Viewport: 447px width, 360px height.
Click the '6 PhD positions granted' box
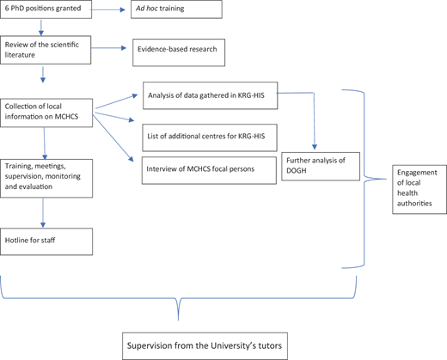(x=46, y=9)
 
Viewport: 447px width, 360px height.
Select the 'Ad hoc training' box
(x=176, y=9)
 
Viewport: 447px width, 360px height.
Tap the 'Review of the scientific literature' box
(x=46, y=50)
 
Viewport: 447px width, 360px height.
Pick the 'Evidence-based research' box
(x=179, y=52)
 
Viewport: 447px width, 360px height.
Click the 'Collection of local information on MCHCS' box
(x=46, y=113)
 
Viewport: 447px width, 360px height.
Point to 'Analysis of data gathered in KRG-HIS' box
(x=211, y=95)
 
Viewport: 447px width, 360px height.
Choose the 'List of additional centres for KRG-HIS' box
(x=210, y=137)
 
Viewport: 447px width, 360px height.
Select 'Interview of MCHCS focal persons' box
(x=209, y=170)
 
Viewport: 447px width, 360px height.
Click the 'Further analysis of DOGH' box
(x=321, y=167)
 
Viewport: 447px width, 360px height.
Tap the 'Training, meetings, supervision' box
(x=46, y=179)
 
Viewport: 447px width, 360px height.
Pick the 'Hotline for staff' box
(x=46, y=241)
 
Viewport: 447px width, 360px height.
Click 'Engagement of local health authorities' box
(x=419, y=189)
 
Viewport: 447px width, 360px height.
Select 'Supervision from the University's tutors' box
(x=205, y=346)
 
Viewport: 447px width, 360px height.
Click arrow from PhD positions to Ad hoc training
(x=108, y=9)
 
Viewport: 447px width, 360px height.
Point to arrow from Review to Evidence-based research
(x=108, y=48)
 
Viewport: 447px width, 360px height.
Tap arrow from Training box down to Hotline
(x=43, y=213)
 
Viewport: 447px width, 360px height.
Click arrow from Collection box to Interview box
(x=113, y=138)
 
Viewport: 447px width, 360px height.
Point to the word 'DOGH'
(x=297, y=171)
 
